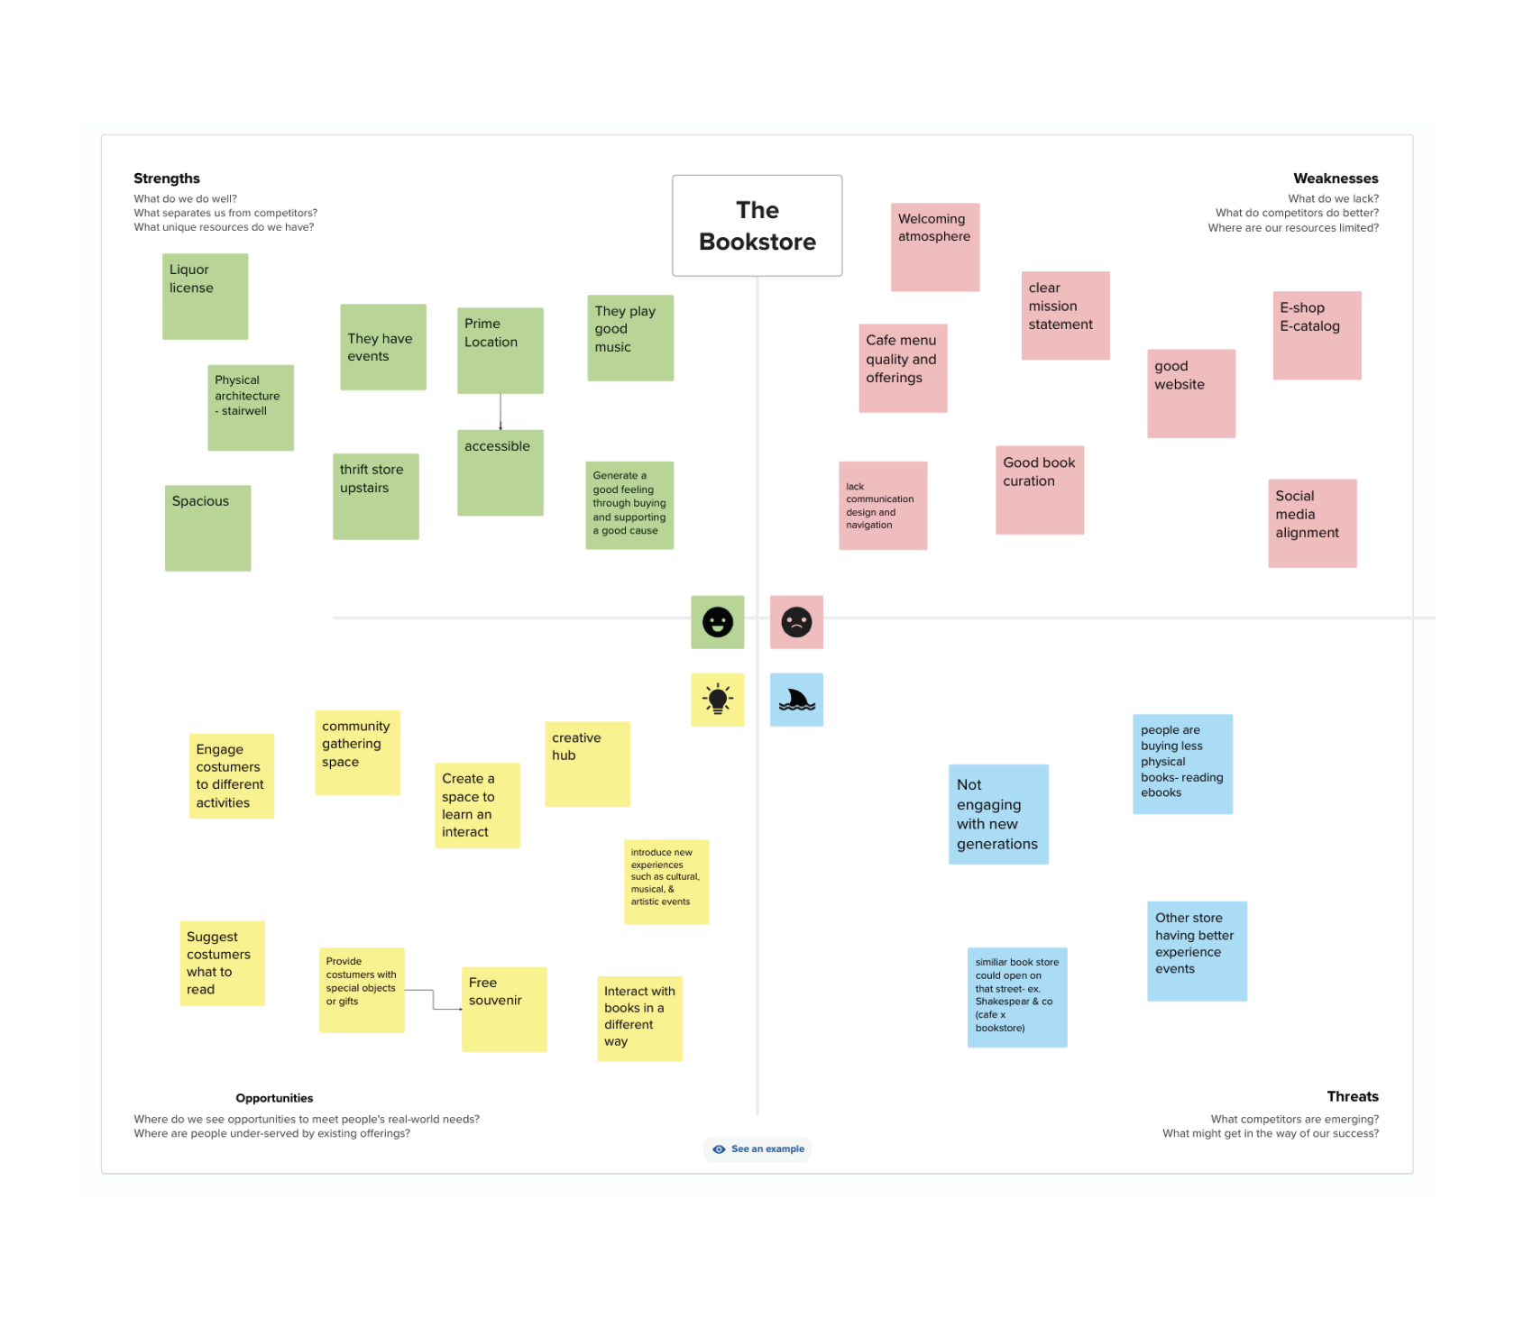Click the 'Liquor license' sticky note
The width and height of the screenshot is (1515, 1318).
coord(205,296)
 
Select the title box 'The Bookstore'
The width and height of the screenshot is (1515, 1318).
coord(757,225)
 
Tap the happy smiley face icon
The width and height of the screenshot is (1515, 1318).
coord(718,622)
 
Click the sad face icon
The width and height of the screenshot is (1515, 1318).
coord(796,622)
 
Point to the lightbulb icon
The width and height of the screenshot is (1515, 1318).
coord(718,700)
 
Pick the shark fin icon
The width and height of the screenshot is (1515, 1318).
coord(796,700)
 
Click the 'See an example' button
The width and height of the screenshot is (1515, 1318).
coord(757,1149)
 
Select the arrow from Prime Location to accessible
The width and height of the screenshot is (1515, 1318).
coord(500,411)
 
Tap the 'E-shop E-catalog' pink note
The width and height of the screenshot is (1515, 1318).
coord(1317,335)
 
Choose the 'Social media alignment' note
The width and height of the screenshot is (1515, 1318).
coord(1312,523)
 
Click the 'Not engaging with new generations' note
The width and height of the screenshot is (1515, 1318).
coord(998,814)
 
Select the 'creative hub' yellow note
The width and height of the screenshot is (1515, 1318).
coord(587,764)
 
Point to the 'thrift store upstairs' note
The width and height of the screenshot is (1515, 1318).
coord(375,496)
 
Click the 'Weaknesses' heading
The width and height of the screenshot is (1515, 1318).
coord(1336,178)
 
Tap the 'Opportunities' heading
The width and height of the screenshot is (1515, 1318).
coord(274,1098)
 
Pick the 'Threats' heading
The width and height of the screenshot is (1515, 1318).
coord(1353,1096)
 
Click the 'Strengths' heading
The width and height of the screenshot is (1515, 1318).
coord(167,178)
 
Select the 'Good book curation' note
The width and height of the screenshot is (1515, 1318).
coord(1040,490)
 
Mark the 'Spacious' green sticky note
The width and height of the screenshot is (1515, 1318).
coord(207,528)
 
